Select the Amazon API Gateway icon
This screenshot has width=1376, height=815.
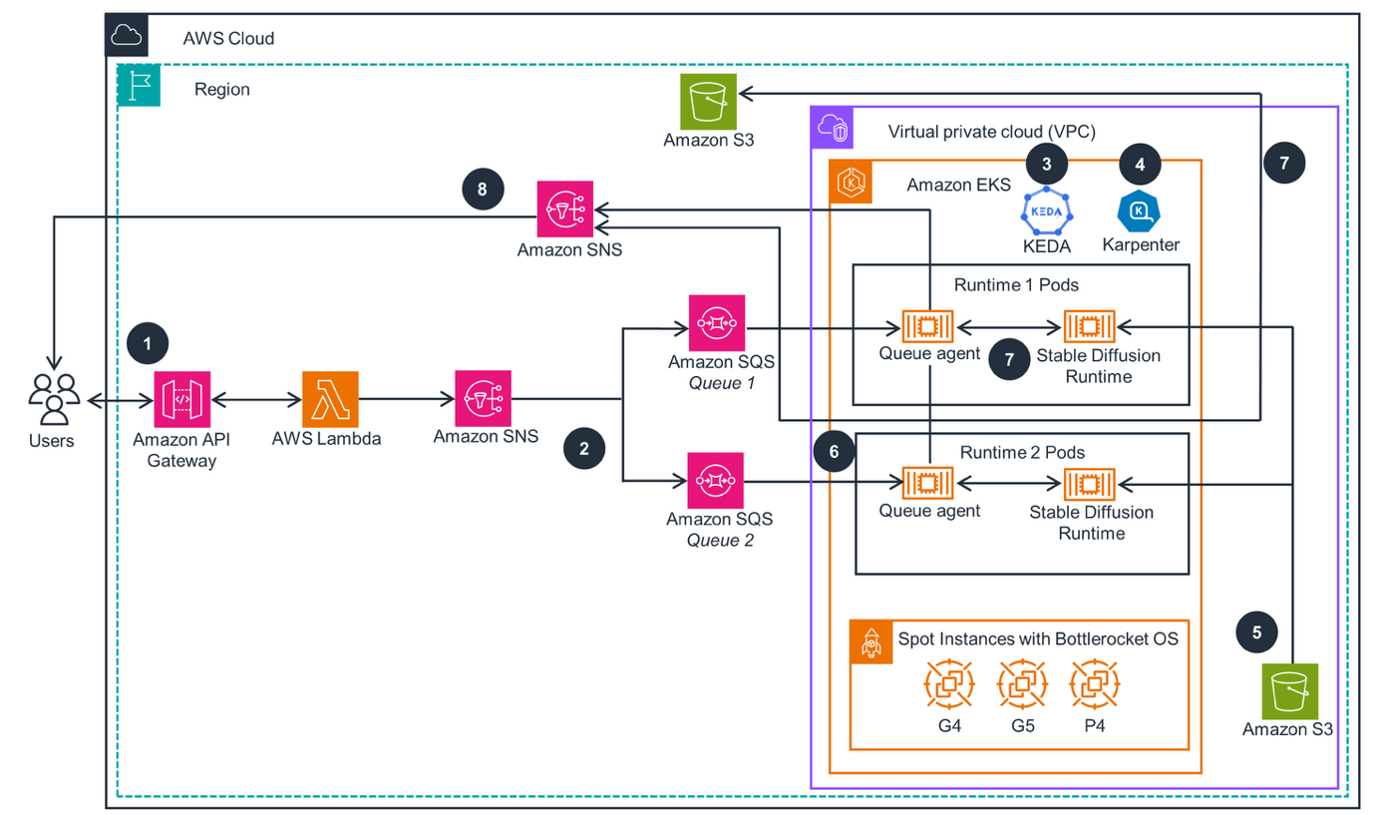[x=181, y=400]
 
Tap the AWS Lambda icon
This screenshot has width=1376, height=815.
[x=330, y=400]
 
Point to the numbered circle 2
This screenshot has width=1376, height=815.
[x=583, y=448]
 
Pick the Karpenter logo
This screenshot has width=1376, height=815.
[x=1141, y=209]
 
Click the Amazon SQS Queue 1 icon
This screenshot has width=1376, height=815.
[x=717, y=323]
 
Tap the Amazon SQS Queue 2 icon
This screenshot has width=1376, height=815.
[x=717, y=481]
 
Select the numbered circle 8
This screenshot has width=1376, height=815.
[x=484, y=190]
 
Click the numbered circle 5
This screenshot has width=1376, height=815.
[x=1256, y=631]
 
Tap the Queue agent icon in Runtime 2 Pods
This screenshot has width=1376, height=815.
[x=928, y=483]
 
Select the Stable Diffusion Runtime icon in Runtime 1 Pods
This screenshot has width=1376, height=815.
[x=1089, y=326]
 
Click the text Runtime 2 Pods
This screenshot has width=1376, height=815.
[x=1022, y=452]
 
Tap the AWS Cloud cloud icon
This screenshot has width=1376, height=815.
[x=127, y=36]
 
